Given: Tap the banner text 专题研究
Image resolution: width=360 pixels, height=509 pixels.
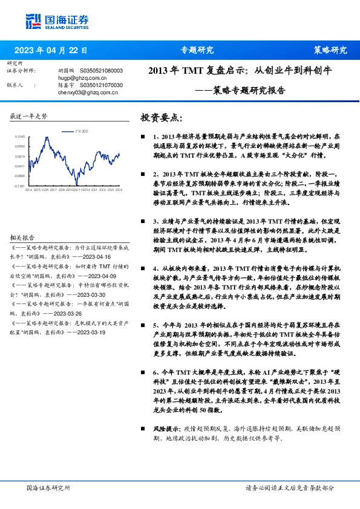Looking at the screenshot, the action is [x=197, y=50].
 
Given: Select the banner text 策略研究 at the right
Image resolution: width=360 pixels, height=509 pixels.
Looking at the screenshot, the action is [x=330, y=50].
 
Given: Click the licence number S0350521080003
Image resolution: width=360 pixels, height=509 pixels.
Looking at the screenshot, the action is [x=101, y=71].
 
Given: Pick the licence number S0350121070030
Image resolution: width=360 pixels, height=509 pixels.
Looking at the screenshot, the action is [x=101, y=86].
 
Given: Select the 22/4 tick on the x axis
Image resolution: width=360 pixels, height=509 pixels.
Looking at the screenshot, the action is [x=28, y=190].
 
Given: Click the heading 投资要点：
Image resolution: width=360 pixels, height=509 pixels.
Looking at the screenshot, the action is [x=161, y=117].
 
